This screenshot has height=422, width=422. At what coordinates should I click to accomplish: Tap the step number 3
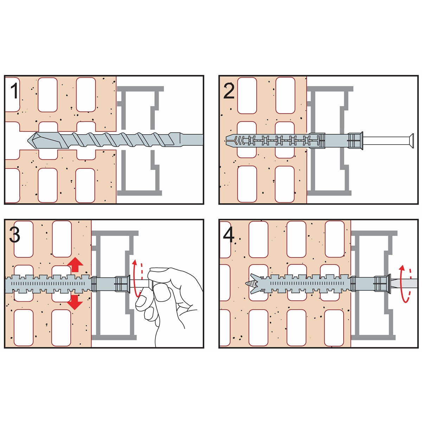coord(15,235)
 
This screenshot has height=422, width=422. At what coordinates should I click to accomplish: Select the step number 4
coord(229,235)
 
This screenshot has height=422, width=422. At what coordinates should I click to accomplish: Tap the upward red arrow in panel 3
coord(75,264)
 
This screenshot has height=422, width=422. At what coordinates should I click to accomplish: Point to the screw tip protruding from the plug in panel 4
coord(249,284)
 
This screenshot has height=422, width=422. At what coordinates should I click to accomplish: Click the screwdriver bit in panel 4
coord(405,284)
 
